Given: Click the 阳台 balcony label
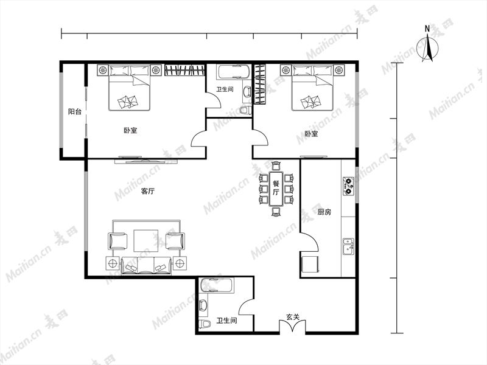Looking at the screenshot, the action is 74,111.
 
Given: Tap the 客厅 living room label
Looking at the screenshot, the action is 147,191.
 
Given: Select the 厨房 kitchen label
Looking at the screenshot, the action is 324,212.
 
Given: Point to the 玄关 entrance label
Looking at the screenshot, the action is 293,317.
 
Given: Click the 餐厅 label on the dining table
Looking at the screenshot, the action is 276,188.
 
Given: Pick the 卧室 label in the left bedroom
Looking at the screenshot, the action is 130,130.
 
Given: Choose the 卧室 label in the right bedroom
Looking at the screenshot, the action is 311,134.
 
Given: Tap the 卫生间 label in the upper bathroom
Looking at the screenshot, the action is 225,89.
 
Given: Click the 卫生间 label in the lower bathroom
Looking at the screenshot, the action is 226,321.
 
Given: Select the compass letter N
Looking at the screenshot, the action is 427,29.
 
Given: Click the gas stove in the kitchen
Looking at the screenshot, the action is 348,186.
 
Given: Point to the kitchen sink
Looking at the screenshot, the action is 348,246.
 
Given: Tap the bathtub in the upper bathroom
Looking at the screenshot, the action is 234,72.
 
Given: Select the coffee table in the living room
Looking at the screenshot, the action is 145,240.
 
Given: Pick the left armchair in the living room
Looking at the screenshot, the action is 117,241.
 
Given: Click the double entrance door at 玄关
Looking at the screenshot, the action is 292,327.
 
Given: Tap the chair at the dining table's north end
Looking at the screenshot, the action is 276,165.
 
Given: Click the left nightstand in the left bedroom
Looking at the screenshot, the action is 102,70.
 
